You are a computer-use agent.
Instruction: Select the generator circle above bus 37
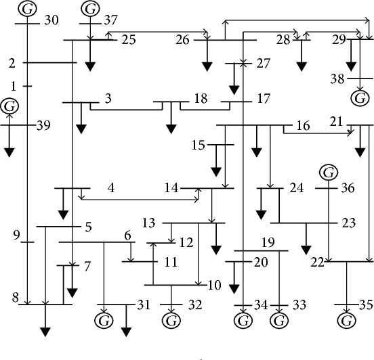click(x=89, y=9)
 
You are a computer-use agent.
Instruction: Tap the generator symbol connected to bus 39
click(x=9, y=106)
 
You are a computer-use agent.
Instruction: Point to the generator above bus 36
click(x=329, y=173)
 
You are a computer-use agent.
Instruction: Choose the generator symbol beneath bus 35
click(x=348, y=318)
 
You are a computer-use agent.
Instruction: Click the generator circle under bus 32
click(x=171, y=318)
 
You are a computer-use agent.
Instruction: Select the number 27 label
click(x=263, y=64)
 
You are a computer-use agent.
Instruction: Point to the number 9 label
click(x=16, y=235)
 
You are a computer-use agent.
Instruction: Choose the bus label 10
click(x=214, y=285)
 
